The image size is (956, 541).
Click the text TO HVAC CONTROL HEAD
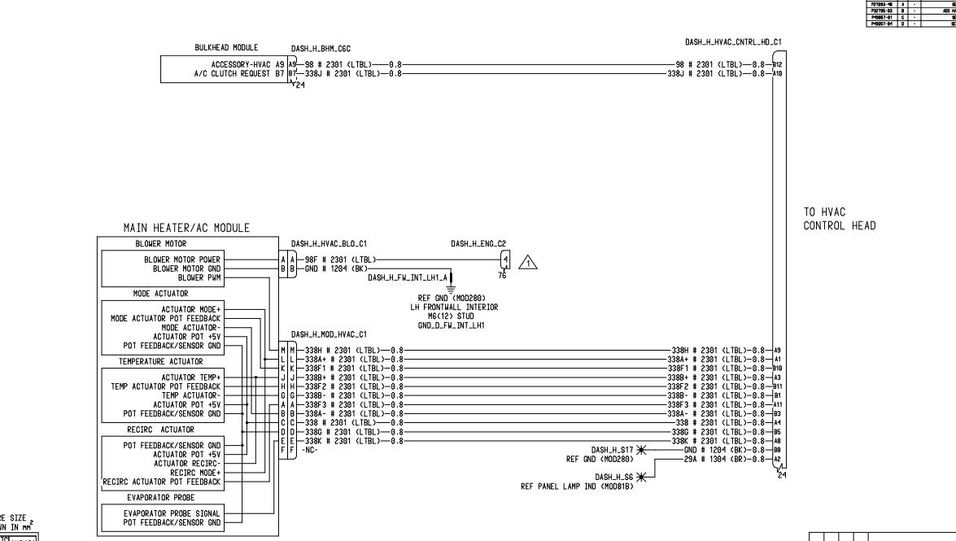(x=833, y=219)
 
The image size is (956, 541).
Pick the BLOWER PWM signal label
(x=199, y=277)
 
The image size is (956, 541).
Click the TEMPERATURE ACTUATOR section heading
(x=160, y=360)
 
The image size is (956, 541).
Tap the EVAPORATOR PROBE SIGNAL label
(x=172, y=515)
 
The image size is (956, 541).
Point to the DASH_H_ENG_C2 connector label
(x=480, y=242)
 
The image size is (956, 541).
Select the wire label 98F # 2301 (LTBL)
(x=338, y=260)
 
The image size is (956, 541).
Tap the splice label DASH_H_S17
(x=613, y=449)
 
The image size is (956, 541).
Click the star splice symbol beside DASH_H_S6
(x=641, y=478)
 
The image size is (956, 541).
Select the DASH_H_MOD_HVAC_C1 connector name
(x=329, y=334)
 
